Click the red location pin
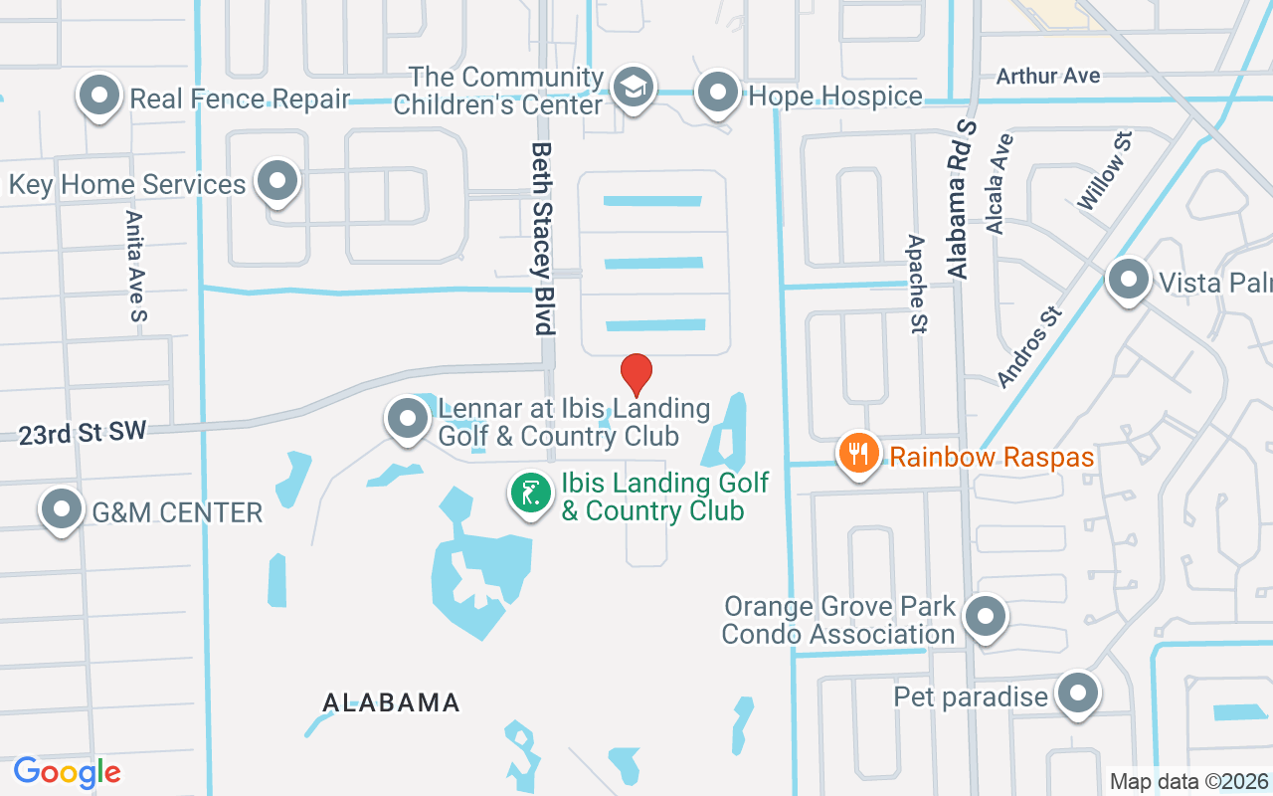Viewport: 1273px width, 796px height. click(636, 374)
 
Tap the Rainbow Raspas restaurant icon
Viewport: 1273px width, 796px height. click(857, 454)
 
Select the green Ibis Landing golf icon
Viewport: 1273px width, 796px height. click(532, 493)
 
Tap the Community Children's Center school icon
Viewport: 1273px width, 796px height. click(633, 88)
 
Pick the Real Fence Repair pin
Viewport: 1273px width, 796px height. click(99, 97)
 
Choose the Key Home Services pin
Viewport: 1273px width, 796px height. click(277, 181)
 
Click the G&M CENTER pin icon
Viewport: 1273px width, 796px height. click(62, 509)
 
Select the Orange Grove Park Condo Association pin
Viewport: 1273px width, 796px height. click(986, 616)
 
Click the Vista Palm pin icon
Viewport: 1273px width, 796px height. click(1128, 280)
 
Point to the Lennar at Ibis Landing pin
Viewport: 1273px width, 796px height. click(407, 419)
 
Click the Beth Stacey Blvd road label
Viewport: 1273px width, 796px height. click(542, 237)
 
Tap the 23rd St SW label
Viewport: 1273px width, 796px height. click(82, 432)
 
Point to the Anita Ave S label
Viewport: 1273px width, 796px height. click(136, 265)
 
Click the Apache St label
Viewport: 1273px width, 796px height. click(917, 284)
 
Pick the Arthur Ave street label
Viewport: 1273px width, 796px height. click(1048, 76)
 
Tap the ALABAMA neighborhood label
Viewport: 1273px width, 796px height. click(391, 702)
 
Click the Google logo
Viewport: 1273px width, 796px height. click(67, 772)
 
